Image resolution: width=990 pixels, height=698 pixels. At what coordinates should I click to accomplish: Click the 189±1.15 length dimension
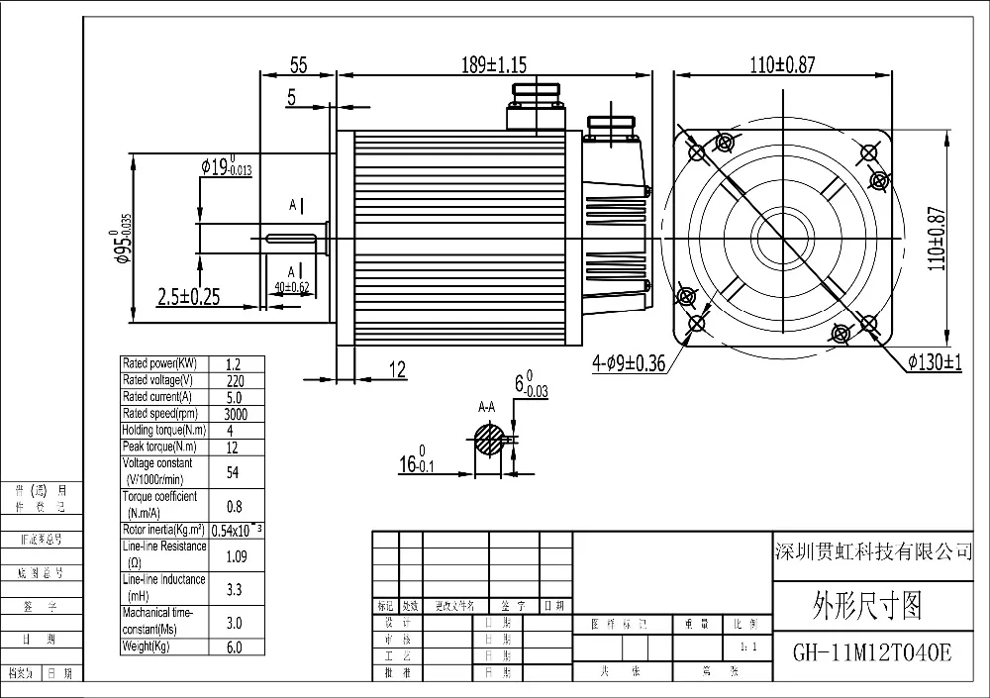(x=494, y=65)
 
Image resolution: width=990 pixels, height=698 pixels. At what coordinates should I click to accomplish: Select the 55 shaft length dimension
(x=298, y=65)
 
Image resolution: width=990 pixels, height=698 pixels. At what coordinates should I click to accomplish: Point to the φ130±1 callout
(x=935, y=361)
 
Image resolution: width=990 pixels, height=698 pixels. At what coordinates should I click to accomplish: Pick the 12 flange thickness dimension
(x=396, y=369)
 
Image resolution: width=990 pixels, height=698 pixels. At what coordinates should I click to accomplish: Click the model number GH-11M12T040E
(x=871, y=653)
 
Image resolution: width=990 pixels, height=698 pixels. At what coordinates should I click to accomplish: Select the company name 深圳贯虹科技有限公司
(x=871, y=551)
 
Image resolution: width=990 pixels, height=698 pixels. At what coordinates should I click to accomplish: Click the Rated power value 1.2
(x=234, y=363)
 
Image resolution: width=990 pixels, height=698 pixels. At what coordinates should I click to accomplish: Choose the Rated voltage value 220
(x=234, y=380)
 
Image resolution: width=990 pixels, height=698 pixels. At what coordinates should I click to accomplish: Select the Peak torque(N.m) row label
(x=156, y=447)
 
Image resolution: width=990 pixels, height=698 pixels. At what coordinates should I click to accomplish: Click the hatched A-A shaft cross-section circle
(x=488, y=439)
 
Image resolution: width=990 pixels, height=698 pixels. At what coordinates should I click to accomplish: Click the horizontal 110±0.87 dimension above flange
(x=782, y=65)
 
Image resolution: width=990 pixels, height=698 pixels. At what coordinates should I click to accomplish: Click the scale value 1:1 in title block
(x=748, y=647)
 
